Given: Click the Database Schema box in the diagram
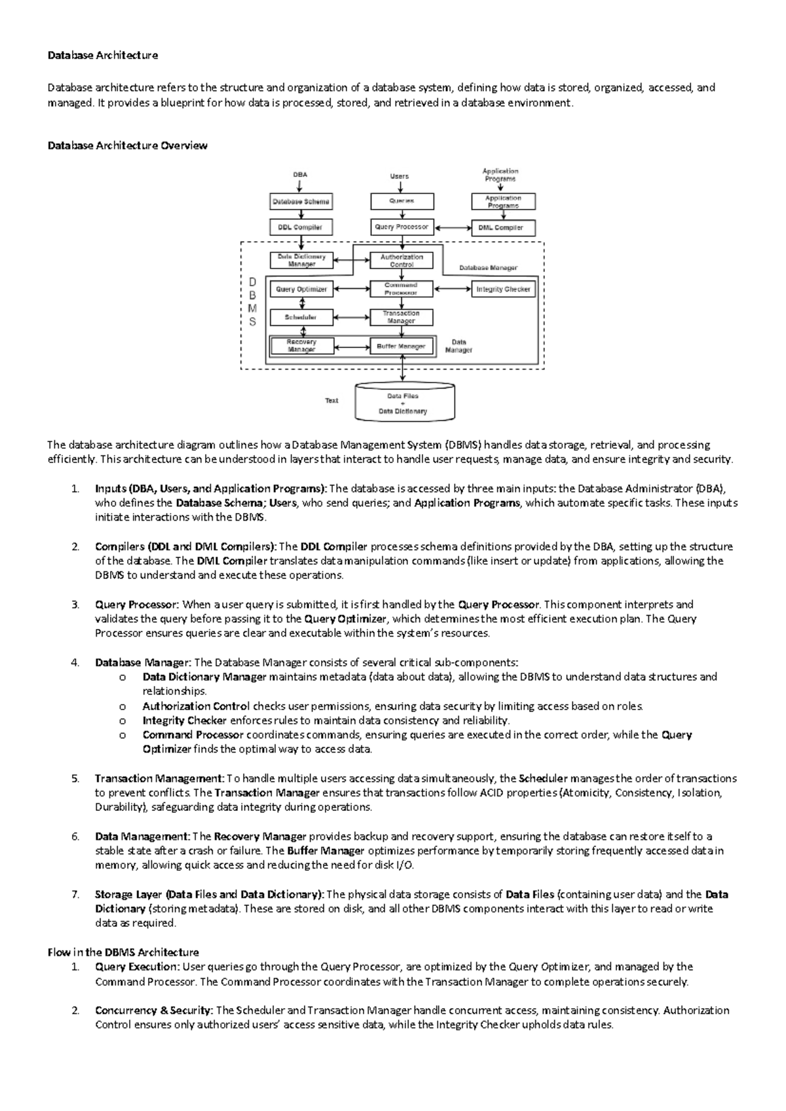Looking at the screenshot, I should (x=301, y=202).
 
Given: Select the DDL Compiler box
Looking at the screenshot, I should (x=301, y=227).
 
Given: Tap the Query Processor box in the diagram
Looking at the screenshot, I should (x=402, y=227).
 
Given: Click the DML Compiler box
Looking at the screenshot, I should (x=502, y=228).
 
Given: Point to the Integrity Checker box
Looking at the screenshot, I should (x=503, y=289).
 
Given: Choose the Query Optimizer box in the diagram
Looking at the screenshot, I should (x=301, y=289).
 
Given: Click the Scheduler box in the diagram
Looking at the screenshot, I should (x=301, y=318).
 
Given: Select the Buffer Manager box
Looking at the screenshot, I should (x=402, y=347).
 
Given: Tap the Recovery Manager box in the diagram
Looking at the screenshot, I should (x=301, y=346).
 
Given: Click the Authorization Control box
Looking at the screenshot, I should (x=402, y=261).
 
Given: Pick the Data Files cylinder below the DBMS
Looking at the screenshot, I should (x=403, y=404).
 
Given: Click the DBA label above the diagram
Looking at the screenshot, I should (x=300, y=175).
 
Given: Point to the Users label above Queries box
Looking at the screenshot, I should (x=399, y=176).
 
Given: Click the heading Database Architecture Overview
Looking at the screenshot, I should (x=127, y=145).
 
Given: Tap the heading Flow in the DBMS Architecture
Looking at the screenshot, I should (x=123, y=952).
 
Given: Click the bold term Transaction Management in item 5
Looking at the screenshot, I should (x=159, y=778).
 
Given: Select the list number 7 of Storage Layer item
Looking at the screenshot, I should (x=75, y=894).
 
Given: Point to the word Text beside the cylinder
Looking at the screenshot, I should (x=331, y=400).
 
